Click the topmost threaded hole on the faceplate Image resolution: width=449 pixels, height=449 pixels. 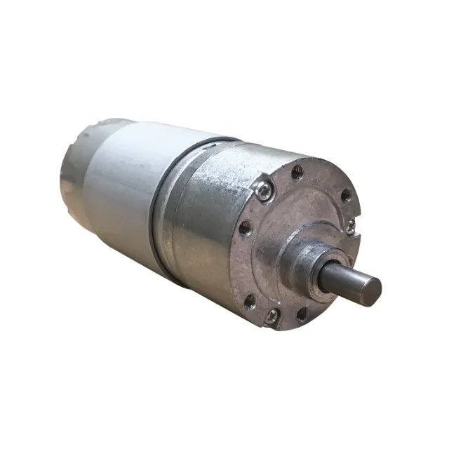tap(297, 171)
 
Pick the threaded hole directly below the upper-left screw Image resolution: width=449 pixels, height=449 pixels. tap(244, 227)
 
